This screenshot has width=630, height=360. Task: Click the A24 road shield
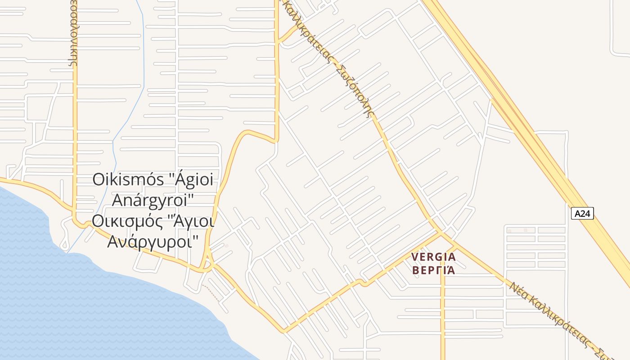click(x=582, y=213)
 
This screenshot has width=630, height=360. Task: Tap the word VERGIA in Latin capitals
click(x=433, y=257)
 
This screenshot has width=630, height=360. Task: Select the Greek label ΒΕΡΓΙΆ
click(x=433, y=270)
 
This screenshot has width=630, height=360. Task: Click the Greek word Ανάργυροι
click(x=153, y=242)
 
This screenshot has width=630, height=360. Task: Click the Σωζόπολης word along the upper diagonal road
click(x=358, y=94)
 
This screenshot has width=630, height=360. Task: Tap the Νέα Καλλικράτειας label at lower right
click(x=558, y=317)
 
